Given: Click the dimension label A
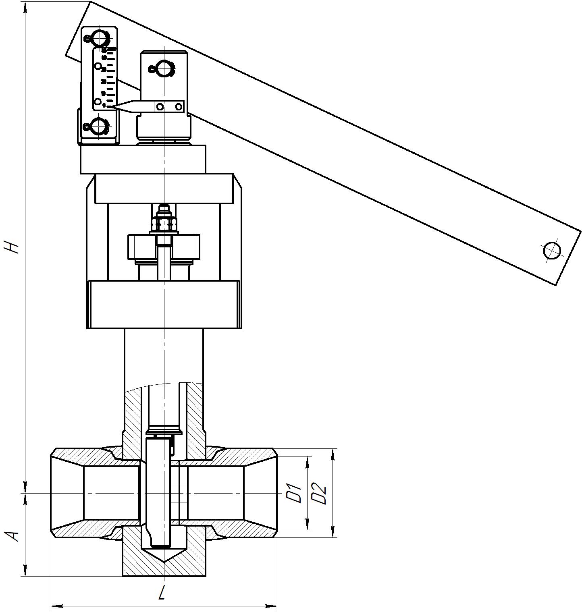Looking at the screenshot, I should coord(14,535).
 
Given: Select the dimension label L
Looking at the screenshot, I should coord(162,593).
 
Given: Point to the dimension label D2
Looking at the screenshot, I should coord(319,493).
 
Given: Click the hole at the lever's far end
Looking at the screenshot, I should coord(552,250).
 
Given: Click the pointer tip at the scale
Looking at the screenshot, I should coord(115,106).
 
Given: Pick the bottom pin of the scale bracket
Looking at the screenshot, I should coord(98,127).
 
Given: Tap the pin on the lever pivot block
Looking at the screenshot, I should coord(164,69).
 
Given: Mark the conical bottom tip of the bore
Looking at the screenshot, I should coord(164,562).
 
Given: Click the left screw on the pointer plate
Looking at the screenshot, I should coord(160,107).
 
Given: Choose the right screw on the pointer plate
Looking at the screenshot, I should coord(179,107).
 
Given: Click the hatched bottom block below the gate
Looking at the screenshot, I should coord(164,560).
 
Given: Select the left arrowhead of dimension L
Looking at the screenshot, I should coord(54,606).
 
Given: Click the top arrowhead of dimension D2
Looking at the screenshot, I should coord(333,452).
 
